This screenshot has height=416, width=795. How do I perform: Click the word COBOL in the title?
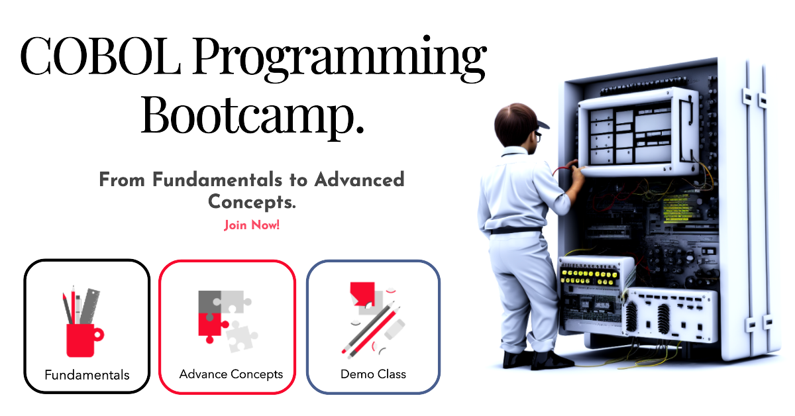pyautogui.click(x=101, y=57)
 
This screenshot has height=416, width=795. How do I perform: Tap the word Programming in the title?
pyautogui.click(x=340, y=58)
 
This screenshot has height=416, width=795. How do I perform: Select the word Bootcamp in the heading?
pyautogui.click(x=252, y=115)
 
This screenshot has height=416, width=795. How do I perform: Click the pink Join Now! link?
pyautogui.click(x=252, y=225)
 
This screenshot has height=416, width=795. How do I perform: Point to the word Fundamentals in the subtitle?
pyautogui.click(x=217, y=180)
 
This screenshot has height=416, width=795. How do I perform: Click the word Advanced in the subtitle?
pyautogui.click(x=359, y=180)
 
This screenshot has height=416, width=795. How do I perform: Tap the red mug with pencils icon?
pyautogui.click(x=83, y=323)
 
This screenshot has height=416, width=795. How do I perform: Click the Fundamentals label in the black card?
pyautogui.click(x=87, y=375)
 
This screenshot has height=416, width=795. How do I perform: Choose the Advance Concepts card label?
pyautogui.click(x=231, y=374)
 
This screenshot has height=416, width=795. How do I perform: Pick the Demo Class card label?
pyautogui.click(x=373, y=374)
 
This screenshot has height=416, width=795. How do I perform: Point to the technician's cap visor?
pyautogui.click(x=543, y=125)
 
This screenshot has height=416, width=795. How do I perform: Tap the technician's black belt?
pyautogui.click(x=515, y=231)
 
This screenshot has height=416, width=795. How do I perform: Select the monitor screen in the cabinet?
pyautogui.click(x=630, y=135)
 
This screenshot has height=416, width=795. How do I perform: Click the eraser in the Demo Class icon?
pyautogui.click(x=395, y=329)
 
